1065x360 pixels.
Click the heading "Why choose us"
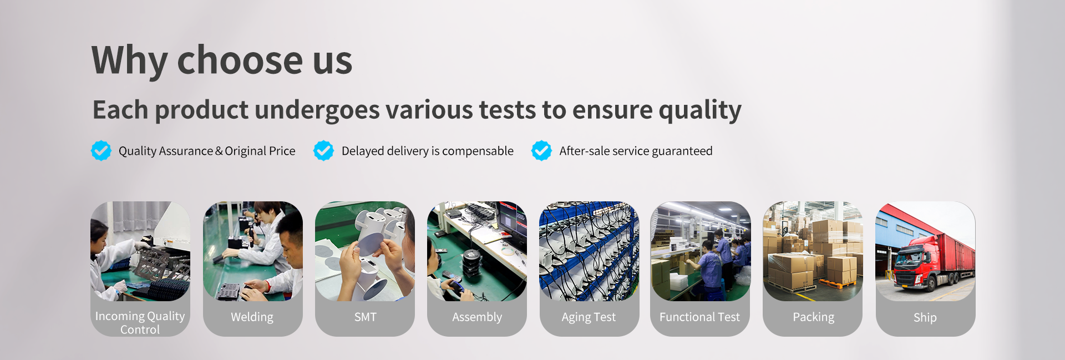pyautogui.click(x=222, y=60)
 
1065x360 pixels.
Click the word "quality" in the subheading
pyautogui.click(x=700, y=110)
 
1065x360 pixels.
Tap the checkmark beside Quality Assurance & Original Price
pyautogui.click(x=101, y=150)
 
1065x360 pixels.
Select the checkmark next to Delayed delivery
pyautogui.click(x=323, y=150)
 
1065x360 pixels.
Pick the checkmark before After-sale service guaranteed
pyautogui.click(x=541, y=150)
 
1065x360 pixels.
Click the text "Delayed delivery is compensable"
pyautogui.click(x=428, y=151)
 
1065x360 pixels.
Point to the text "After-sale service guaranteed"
pyautogui.click(x=636, y=151)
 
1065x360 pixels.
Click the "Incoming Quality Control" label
pyautogui.click(x=140, y=323)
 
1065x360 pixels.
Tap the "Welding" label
pyautogui.click(x=252, y=317)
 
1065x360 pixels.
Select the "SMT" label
pyautogui.click(x=366, y=317)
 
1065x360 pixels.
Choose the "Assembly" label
pyautogui.click(x=477, y=317)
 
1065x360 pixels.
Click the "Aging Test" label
pyautogui.click(x=589, y=317)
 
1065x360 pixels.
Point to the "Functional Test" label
pyautogui.click(x=699, y=317)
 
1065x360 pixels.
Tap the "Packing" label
pyautogui.click(x=813, y=317)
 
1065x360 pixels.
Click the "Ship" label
pyautogui.click(x=925, y=318)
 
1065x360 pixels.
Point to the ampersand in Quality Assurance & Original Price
pyautogui.click(x=219, y=151)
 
